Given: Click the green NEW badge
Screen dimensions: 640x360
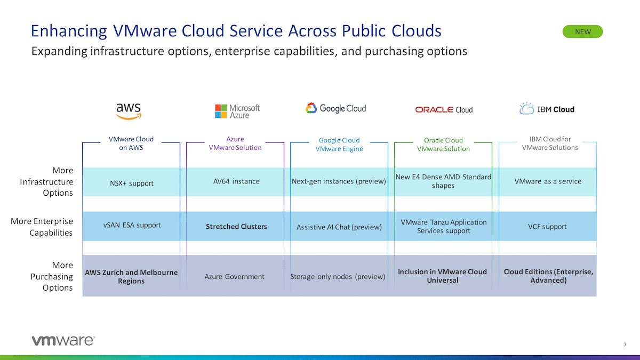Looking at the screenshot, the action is pyautogui.click(x=582, y=31).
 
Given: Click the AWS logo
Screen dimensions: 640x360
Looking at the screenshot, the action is pyautogui.click(x=129, y=111).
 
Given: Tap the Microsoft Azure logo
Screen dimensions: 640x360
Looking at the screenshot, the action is pyautogui.click(x=237, y=111).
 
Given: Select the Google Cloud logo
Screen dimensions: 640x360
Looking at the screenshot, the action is pyautogui.click(x=335, y=108).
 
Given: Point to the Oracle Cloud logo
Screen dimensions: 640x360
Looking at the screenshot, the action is pyautogui.click(x=444, y=110).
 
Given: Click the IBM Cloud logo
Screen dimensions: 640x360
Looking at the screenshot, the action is pyautogui.click(x=547, y=109).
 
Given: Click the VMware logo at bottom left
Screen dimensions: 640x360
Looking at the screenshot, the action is pyautogui.click(x=63, y=340).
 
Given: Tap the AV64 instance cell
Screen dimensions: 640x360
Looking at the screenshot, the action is pyautogui.click(x=236, y=181).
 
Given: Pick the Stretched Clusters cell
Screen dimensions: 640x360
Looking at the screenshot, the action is pyautogui.click(x=236, y=227).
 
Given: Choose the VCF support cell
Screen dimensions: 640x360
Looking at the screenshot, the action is pyautogui.click(x=547, y=227).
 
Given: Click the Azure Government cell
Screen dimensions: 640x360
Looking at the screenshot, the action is pyautogui.click(x=234, y=277).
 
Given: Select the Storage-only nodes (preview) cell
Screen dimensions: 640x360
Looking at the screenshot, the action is pyautogui.click(x=338, y=277).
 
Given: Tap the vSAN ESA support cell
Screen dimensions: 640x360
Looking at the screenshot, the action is pyautogui.click(x=132, y=225).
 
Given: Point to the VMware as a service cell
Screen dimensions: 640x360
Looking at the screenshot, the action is pyautogui.click(x=548, y=181).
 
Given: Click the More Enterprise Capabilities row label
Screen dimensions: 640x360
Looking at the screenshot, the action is pyautogui.click(x=42, y=227).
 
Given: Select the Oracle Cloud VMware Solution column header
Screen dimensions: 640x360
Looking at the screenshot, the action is pyautogui.click(x=443, y=145).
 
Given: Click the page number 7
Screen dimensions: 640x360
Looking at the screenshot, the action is pyautogui.click(x=625, y=345).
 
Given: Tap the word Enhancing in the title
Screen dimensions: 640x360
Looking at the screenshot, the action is pyautogui.click(x=69, y=31).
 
